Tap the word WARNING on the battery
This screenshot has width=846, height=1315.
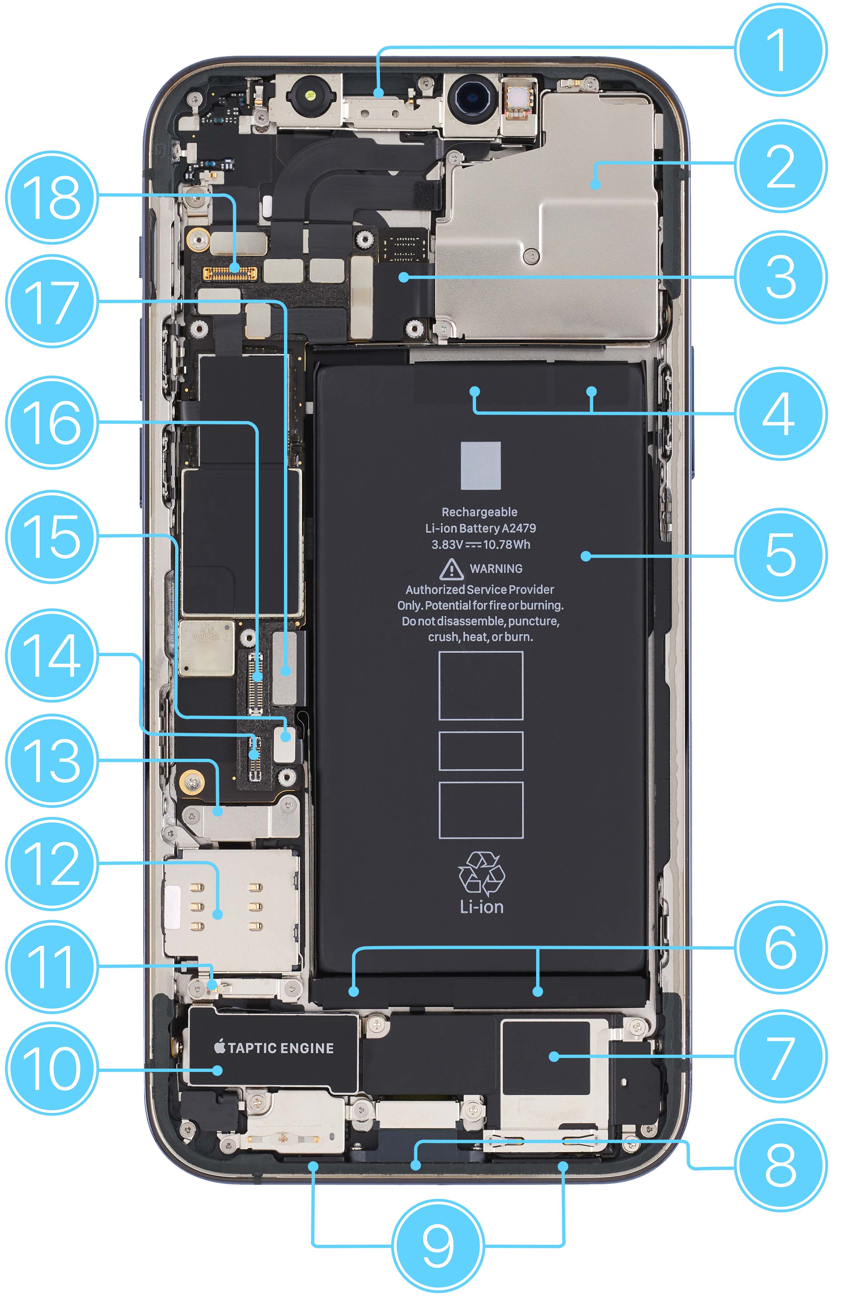(x=496, y=569)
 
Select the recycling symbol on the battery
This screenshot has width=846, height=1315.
(x=481, y=873)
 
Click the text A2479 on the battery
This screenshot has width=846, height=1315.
(x=519, y=528)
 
